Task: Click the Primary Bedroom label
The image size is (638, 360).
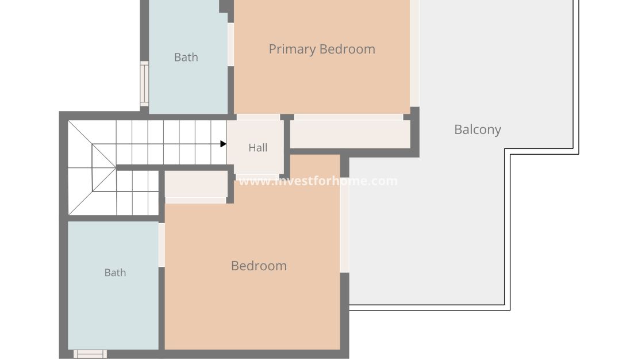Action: click(322, 49)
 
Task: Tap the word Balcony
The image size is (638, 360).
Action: click(478, 129)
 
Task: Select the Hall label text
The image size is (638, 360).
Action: click(258, 147)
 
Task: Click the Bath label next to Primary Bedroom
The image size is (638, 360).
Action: click(186, 58)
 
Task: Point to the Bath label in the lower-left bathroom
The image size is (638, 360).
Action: click(115, 273)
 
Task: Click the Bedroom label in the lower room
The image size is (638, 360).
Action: click(259, 266)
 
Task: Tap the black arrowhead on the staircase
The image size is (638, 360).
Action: click(224, 144)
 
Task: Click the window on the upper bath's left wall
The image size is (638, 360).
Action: click(144, 83)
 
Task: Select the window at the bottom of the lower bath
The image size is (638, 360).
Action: click(90, 354)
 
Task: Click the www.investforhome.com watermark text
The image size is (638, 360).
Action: click(318, 181)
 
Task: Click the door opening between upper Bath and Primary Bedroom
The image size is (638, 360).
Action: click(230, 44)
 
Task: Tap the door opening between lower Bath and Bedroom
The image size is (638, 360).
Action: click(162, 245)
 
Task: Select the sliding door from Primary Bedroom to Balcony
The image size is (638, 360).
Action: click(414, 53)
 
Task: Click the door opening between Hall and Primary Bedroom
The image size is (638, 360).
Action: click(258, 117)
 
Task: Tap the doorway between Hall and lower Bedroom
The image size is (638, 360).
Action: click(257, 178)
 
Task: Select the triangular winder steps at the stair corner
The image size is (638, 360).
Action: click(92, 167)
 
